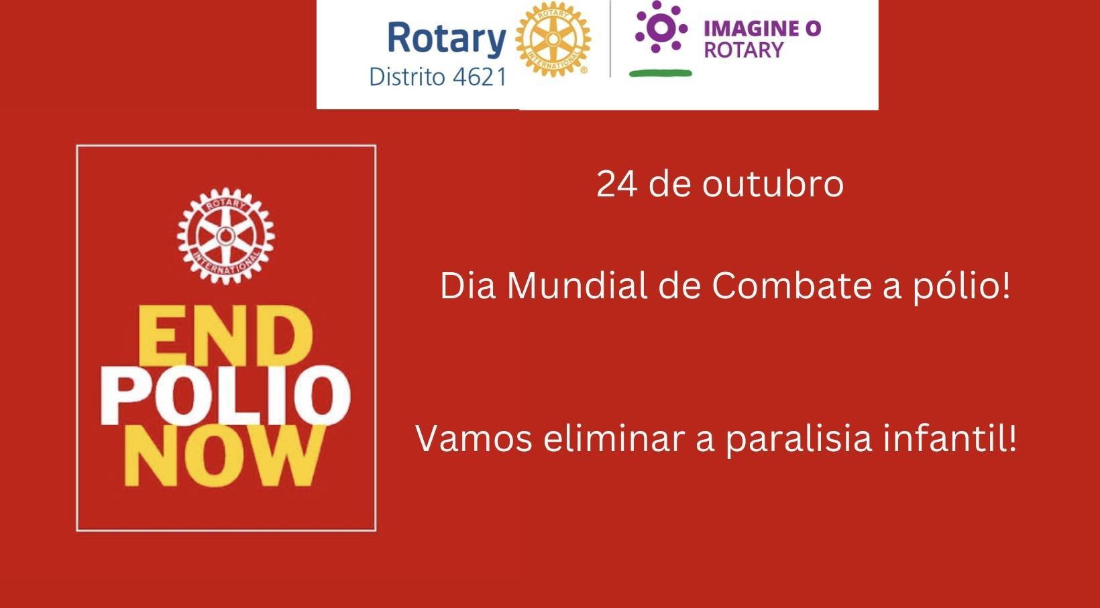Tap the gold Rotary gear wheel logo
[553, 40]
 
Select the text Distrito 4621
[437, 77]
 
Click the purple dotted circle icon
[661, 27]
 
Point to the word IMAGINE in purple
[749, 29]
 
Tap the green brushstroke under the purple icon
[661, 73]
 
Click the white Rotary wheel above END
[226, 236]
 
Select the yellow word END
[225, 335]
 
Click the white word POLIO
[225, 396]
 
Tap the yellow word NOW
[225, 455]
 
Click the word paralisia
[798, 440]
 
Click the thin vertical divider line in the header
[610, 39]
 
